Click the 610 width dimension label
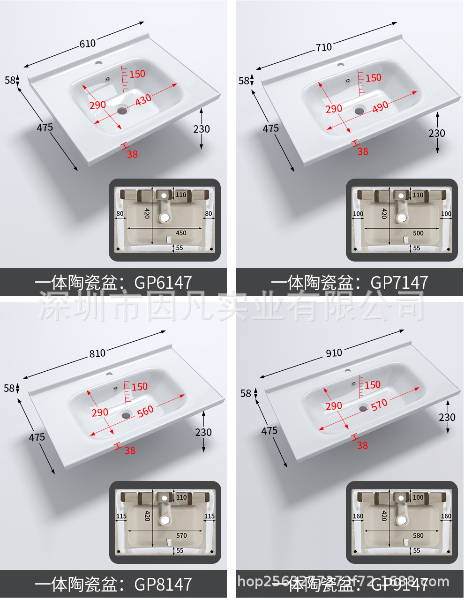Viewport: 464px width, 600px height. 88,44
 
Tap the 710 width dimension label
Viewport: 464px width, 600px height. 323,47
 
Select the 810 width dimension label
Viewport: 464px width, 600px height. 97,353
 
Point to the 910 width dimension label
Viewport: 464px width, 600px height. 334,352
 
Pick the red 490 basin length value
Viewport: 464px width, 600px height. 380,106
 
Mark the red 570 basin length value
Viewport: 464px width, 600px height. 379,404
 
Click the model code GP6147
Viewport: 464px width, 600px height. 163,282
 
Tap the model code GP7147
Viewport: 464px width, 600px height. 399,282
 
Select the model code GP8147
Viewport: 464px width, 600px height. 163,584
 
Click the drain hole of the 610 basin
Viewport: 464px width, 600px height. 122,111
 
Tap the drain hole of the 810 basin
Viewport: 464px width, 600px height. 126,415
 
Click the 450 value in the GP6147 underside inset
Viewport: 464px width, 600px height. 181,233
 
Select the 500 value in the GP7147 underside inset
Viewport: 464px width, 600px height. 418,233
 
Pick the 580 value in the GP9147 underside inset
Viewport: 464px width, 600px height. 418,535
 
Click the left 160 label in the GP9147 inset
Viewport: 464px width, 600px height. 358,516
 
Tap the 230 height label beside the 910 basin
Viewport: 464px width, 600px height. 447,417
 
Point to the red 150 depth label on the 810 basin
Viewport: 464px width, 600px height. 140,387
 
